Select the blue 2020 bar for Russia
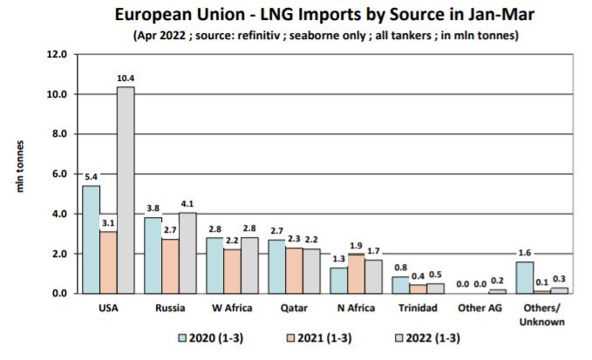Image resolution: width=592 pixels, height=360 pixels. (153, 255)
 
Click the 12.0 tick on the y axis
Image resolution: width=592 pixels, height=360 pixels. (56, 54)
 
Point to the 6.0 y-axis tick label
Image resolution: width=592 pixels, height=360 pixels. (56, 174)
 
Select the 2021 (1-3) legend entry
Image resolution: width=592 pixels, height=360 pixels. (317, 336)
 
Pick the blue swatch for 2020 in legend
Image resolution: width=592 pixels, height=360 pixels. (183, 336)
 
